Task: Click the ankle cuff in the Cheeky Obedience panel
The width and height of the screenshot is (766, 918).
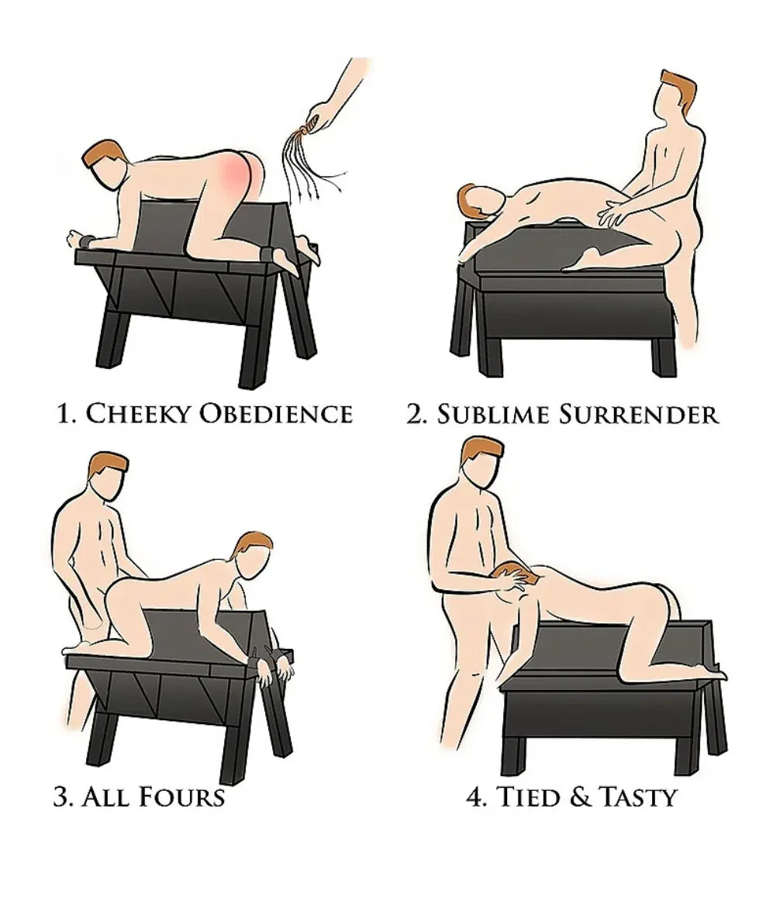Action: (x=272, y=252)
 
